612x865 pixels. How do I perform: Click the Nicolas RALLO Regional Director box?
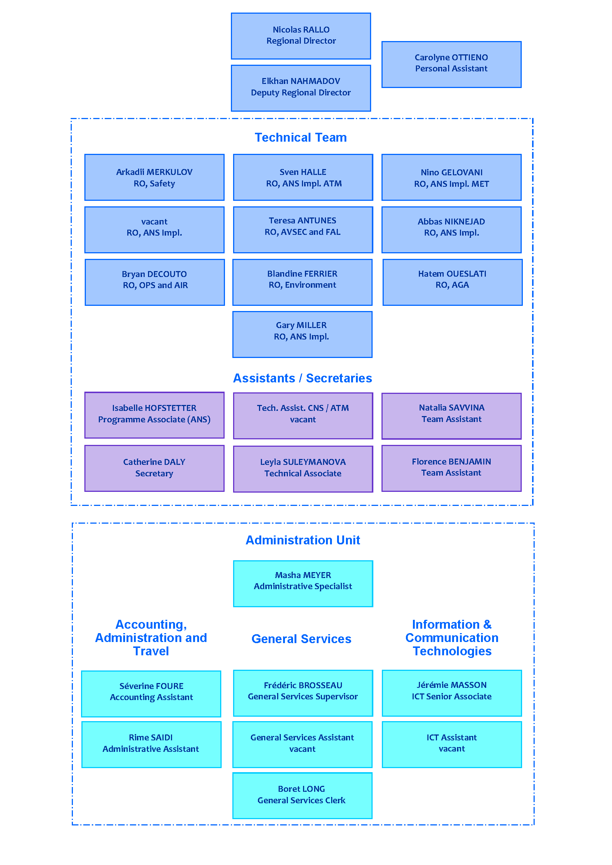(x=301, y=36)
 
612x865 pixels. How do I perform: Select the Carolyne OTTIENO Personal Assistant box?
(x=451, y=64)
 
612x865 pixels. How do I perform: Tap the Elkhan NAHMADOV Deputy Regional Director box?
(x=301, y=88)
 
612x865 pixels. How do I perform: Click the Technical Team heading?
(x=301, y=138)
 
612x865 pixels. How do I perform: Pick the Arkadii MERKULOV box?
(x=155, y=178)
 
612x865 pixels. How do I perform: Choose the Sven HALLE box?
(x=303, y=178)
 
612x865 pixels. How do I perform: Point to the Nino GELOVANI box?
(x=451, y=178)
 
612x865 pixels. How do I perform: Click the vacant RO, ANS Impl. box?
(x=155, y=230)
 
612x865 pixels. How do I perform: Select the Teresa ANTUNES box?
(x=303, y=230)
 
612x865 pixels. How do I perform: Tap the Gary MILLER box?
(x=302, y=335)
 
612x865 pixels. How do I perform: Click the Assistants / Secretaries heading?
(x=303, y=378)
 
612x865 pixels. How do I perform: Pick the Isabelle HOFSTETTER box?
(x=155, y=415)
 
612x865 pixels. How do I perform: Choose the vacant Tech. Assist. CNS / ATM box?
(x=303, y=416)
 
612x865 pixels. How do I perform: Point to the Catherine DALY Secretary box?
(x=155, y=468)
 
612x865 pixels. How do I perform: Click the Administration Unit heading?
(x=303, y=540)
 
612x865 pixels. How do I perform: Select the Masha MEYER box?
(x=303, y=584)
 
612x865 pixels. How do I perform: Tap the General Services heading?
(x=302, y=639)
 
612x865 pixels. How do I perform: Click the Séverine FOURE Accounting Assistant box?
(x=151, y=694)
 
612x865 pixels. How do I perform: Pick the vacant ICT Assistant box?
(x=452, y=745)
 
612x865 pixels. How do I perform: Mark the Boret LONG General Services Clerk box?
(x=302, y=796)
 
